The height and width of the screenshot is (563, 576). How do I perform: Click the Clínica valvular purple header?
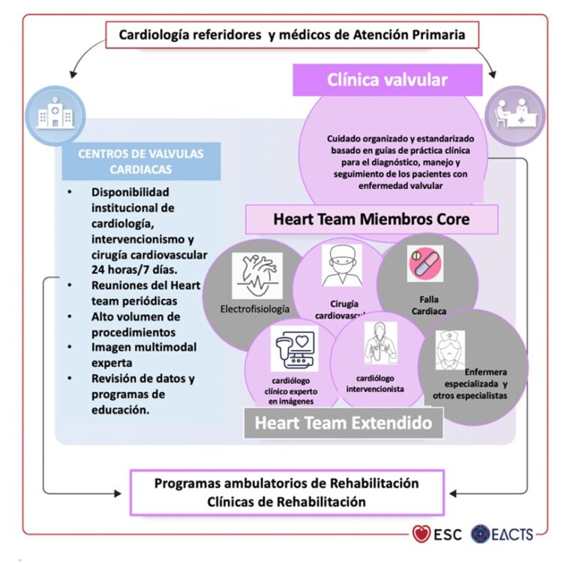387,80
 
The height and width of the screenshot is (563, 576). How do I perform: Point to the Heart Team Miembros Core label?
372,220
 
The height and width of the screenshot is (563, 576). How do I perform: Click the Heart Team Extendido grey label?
343,422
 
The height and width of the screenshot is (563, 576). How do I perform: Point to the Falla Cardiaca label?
424,303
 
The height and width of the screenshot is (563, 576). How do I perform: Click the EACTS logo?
503,535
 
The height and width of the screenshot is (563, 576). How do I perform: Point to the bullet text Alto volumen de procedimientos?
136,324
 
